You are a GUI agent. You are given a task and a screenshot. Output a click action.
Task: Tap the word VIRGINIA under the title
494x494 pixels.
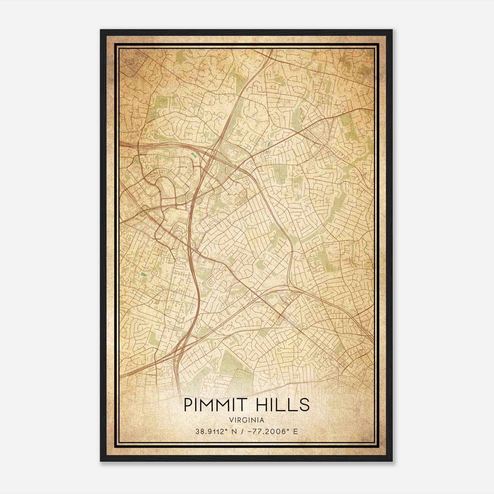tap(247, 420)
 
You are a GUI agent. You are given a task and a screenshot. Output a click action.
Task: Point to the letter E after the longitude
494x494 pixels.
tap(295, 431)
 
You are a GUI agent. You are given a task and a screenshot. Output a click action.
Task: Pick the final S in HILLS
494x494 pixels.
tap(304, 405)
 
